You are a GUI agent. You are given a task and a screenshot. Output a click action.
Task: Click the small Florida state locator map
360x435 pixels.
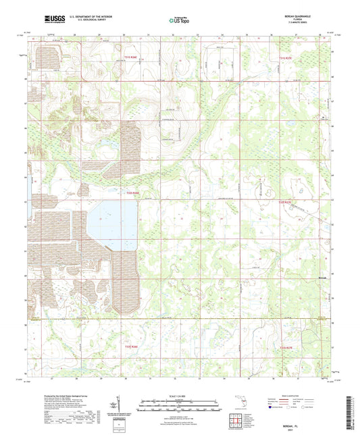pos(241,406)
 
